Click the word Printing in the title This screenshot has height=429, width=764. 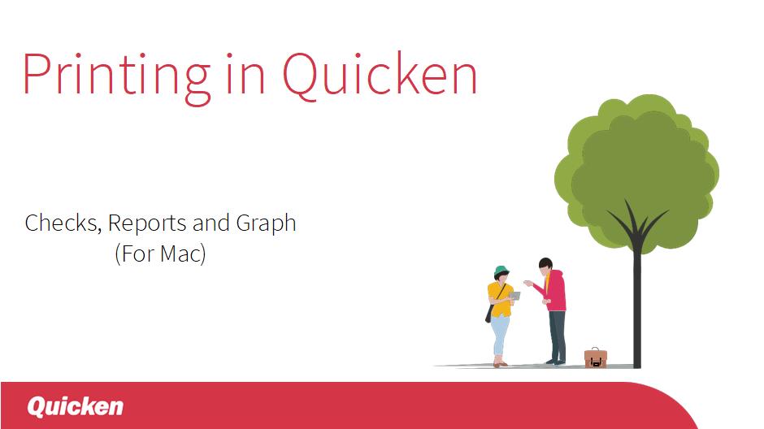click(x=116, y=78)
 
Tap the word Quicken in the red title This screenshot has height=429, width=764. click(x=380, y=76)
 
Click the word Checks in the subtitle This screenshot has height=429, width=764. click(x=63, y=223)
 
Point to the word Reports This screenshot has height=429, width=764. click(x=147, y=224)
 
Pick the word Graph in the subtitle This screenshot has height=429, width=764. click(x=266, y=224)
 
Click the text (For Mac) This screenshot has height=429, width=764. click(x=160, y=253)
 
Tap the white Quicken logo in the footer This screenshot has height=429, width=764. click(x=75, y=406)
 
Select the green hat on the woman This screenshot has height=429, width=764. click(x=501, y=271)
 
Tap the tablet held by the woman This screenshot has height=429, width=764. click(x=514, y=296)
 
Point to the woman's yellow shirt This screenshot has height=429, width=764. click(x=499, y=298)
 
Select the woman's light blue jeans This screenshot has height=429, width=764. click(x=499, y=336)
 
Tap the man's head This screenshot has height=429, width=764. click(x=545, y=266)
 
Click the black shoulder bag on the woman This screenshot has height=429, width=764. click(x=488, y=314)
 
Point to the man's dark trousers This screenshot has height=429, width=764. click(x=558, y=336)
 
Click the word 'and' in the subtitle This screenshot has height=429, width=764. click(x=211, y=223)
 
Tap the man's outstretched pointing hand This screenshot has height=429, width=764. click(x=527, y=283)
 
